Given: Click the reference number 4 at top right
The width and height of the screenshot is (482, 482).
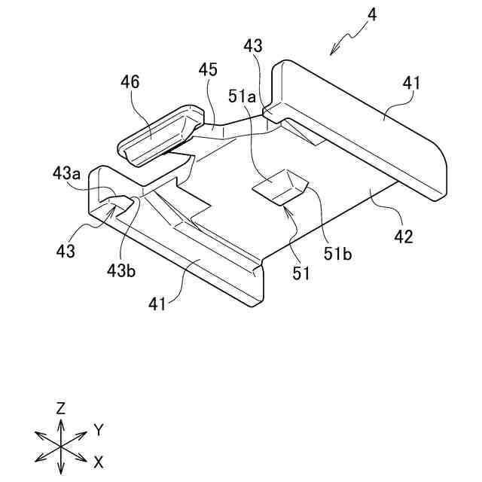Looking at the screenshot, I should tap(371, 15).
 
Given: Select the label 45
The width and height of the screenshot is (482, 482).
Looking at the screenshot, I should tap(208, 70).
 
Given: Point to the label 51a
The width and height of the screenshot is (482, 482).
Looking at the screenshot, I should tap(243, 97).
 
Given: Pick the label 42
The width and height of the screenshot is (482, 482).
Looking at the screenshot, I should tap(404, 236).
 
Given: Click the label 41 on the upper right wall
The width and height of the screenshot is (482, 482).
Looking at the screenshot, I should tap(413, 84).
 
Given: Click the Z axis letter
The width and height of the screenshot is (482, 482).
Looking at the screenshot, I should tap(60, 408).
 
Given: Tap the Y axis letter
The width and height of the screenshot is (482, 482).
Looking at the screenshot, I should tap(98, 429).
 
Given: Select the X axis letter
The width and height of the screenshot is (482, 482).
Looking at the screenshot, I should tap(98, 460).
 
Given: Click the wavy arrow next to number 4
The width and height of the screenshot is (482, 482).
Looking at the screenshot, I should tap(345, 40).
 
